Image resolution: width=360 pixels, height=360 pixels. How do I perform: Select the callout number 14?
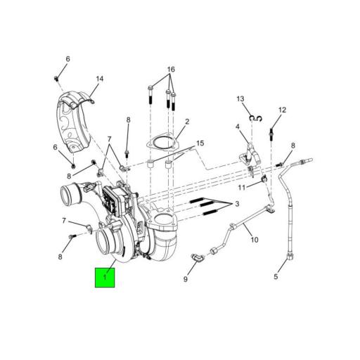(100, 79)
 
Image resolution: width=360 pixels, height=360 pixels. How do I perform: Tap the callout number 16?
(171, 70)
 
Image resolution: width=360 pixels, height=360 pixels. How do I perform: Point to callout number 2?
(187, 122)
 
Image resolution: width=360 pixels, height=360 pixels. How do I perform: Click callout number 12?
(282, 110)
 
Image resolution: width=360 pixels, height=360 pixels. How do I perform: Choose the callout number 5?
(276, 277)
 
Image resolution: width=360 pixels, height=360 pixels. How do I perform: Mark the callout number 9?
(186, 279)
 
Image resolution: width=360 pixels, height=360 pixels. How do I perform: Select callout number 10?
(254, 240)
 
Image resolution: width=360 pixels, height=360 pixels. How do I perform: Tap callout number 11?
(240, 188)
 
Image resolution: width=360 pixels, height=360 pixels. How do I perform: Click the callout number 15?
(200, 143)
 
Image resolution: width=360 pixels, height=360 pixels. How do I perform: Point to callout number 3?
(237, 204)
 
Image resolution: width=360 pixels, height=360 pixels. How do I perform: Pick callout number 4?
(238, 127)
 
